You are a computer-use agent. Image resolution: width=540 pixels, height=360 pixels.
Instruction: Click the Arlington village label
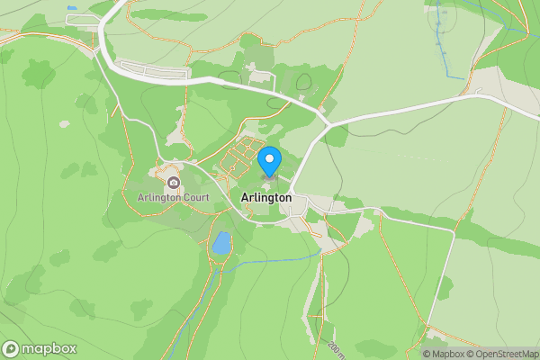point(266,197)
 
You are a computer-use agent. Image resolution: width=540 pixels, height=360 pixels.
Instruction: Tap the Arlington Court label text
point(174,197)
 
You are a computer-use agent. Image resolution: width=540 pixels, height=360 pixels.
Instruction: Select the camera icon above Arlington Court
point(174,183)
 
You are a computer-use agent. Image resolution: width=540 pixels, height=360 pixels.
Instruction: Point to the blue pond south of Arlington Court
point(220,243)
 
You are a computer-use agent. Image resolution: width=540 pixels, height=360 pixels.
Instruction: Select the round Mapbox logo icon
point(12,348)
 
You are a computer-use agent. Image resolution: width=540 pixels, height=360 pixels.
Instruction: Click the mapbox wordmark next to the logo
point(49,348)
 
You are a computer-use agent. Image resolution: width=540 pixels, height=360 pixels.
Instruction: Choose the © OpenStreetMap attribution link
point(501,354)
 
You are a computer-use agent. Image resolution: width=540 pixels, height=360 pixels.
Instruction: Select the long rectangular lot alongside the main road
point(153,69)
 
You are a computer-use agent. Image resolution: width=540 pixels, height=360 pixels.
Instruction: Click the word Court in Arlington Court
point(194,197)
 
